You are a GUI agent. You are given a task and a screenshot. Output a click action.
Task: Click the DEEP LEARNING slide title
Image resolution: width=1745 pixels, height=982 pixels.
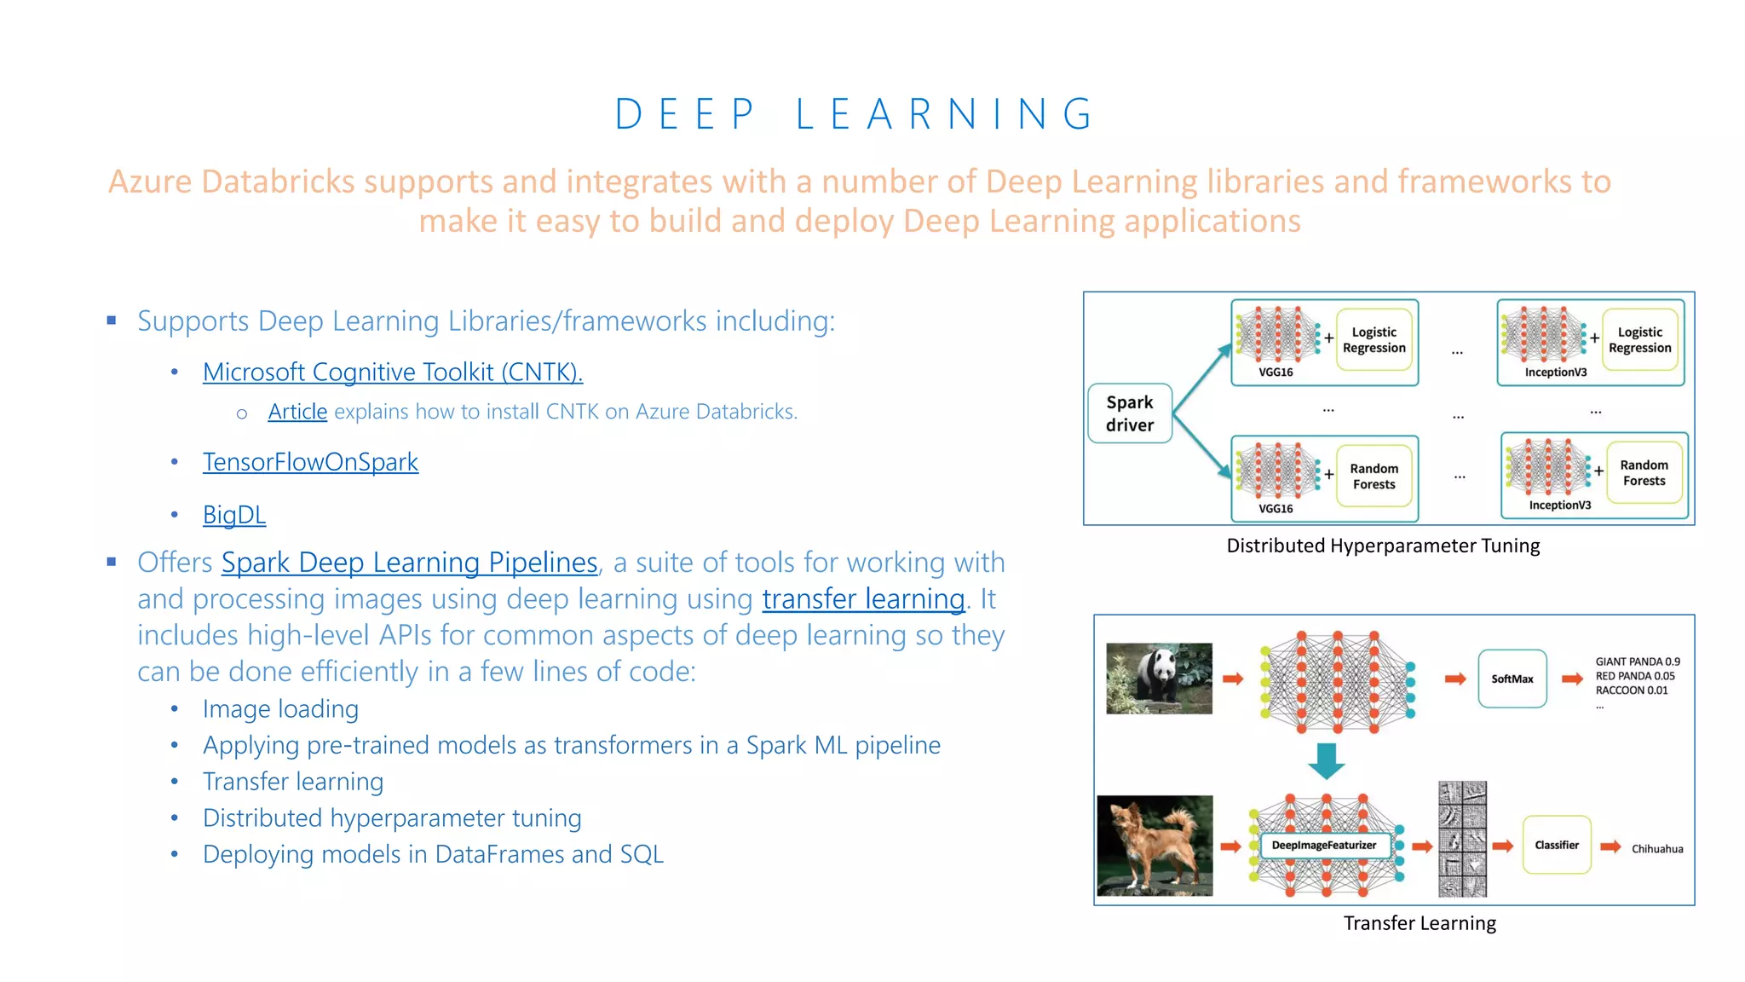(855, 114)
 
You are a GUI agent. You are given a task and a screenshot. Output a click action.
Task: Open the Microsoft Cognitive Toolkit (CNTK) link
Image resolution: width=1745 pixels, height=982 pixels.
(393, 373)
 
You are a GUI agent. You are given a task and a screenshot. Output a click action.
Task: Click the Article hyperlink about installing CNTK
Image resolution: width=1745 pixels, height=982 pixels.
(297, 412)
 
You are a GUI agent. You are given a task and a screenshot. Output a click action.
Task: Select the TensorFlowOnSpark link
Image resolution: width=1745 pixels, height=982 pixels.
(310, 462)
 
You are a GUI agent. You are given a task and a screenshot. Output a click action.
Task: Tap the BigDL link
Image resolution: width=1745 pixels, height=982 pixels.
(234, 515)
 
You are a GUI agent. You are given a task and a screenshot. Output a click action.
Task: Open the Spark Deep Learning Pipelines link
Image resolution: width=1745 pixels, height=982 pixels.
(409, 563)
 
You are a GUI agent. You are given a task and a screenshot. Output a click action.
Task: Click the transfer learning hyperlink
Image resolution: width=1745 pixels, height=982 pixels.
(863, 599)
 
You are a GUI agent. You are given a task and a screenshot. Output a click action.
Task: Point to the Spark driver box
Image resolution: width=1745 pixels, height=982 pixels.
(1130, 413)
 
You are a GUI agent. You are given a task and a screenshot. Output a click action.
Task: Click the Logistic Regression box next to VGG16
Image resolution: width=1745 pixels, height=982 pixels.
(1374, 340)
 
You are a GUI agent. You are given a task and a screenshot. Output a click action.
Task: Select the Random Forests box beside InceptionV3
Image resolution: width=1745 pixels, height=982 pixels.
(1644, 473)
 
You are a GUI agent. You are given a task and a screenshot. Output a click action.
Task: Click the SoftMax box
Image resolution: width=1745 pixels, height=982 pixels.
(1512, 679)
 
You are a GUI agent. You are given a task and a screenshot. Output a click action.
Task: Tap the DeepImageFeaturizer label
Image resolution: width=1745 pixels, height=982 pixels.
(1323, 846)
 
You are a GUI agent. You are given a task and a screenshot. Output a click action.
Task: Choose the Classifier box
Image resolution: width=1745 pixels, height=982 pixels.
(1556, 845)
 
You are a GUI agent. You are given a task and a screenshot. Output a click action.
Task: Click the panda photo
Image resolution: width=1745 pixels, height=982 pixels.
(1159, 679)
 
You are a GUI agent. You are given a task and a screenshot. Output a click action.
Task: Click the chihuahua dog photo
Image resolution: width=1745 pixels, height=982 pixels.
(1155, 846)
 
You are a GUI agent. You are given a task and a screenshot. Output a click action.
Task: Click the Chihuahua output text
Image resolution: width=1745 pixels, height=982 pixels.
(1656, 849)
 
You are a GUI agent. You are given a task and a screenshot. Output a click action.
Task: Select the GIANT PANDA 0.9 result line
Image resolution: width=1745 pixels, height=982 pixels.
(1637, 661)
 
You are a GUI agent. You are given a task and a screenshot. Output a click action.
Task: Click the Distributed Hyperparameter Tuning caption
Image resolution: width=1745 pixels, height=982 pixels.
(1383, 546)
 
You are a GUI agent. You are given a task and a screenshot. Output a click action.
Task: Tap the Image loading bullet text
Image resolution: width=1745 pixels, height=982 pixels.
(280, 709)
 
